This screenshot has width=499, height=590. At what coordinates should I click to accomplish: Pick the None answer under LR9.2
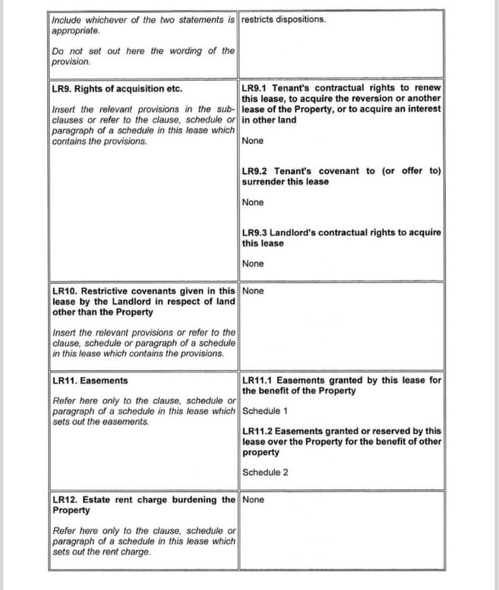click(x=252, y=201)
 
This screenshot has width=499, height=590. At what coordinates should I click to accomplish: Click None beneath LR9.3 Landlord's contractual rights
click(x=252, y=263)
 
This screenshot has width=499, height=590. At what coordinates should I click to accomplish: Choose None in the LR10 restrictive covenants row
click(x=252, y=291)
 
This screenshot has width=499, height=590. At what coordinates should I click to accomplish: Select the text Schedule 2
click(x=265, y=472)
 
